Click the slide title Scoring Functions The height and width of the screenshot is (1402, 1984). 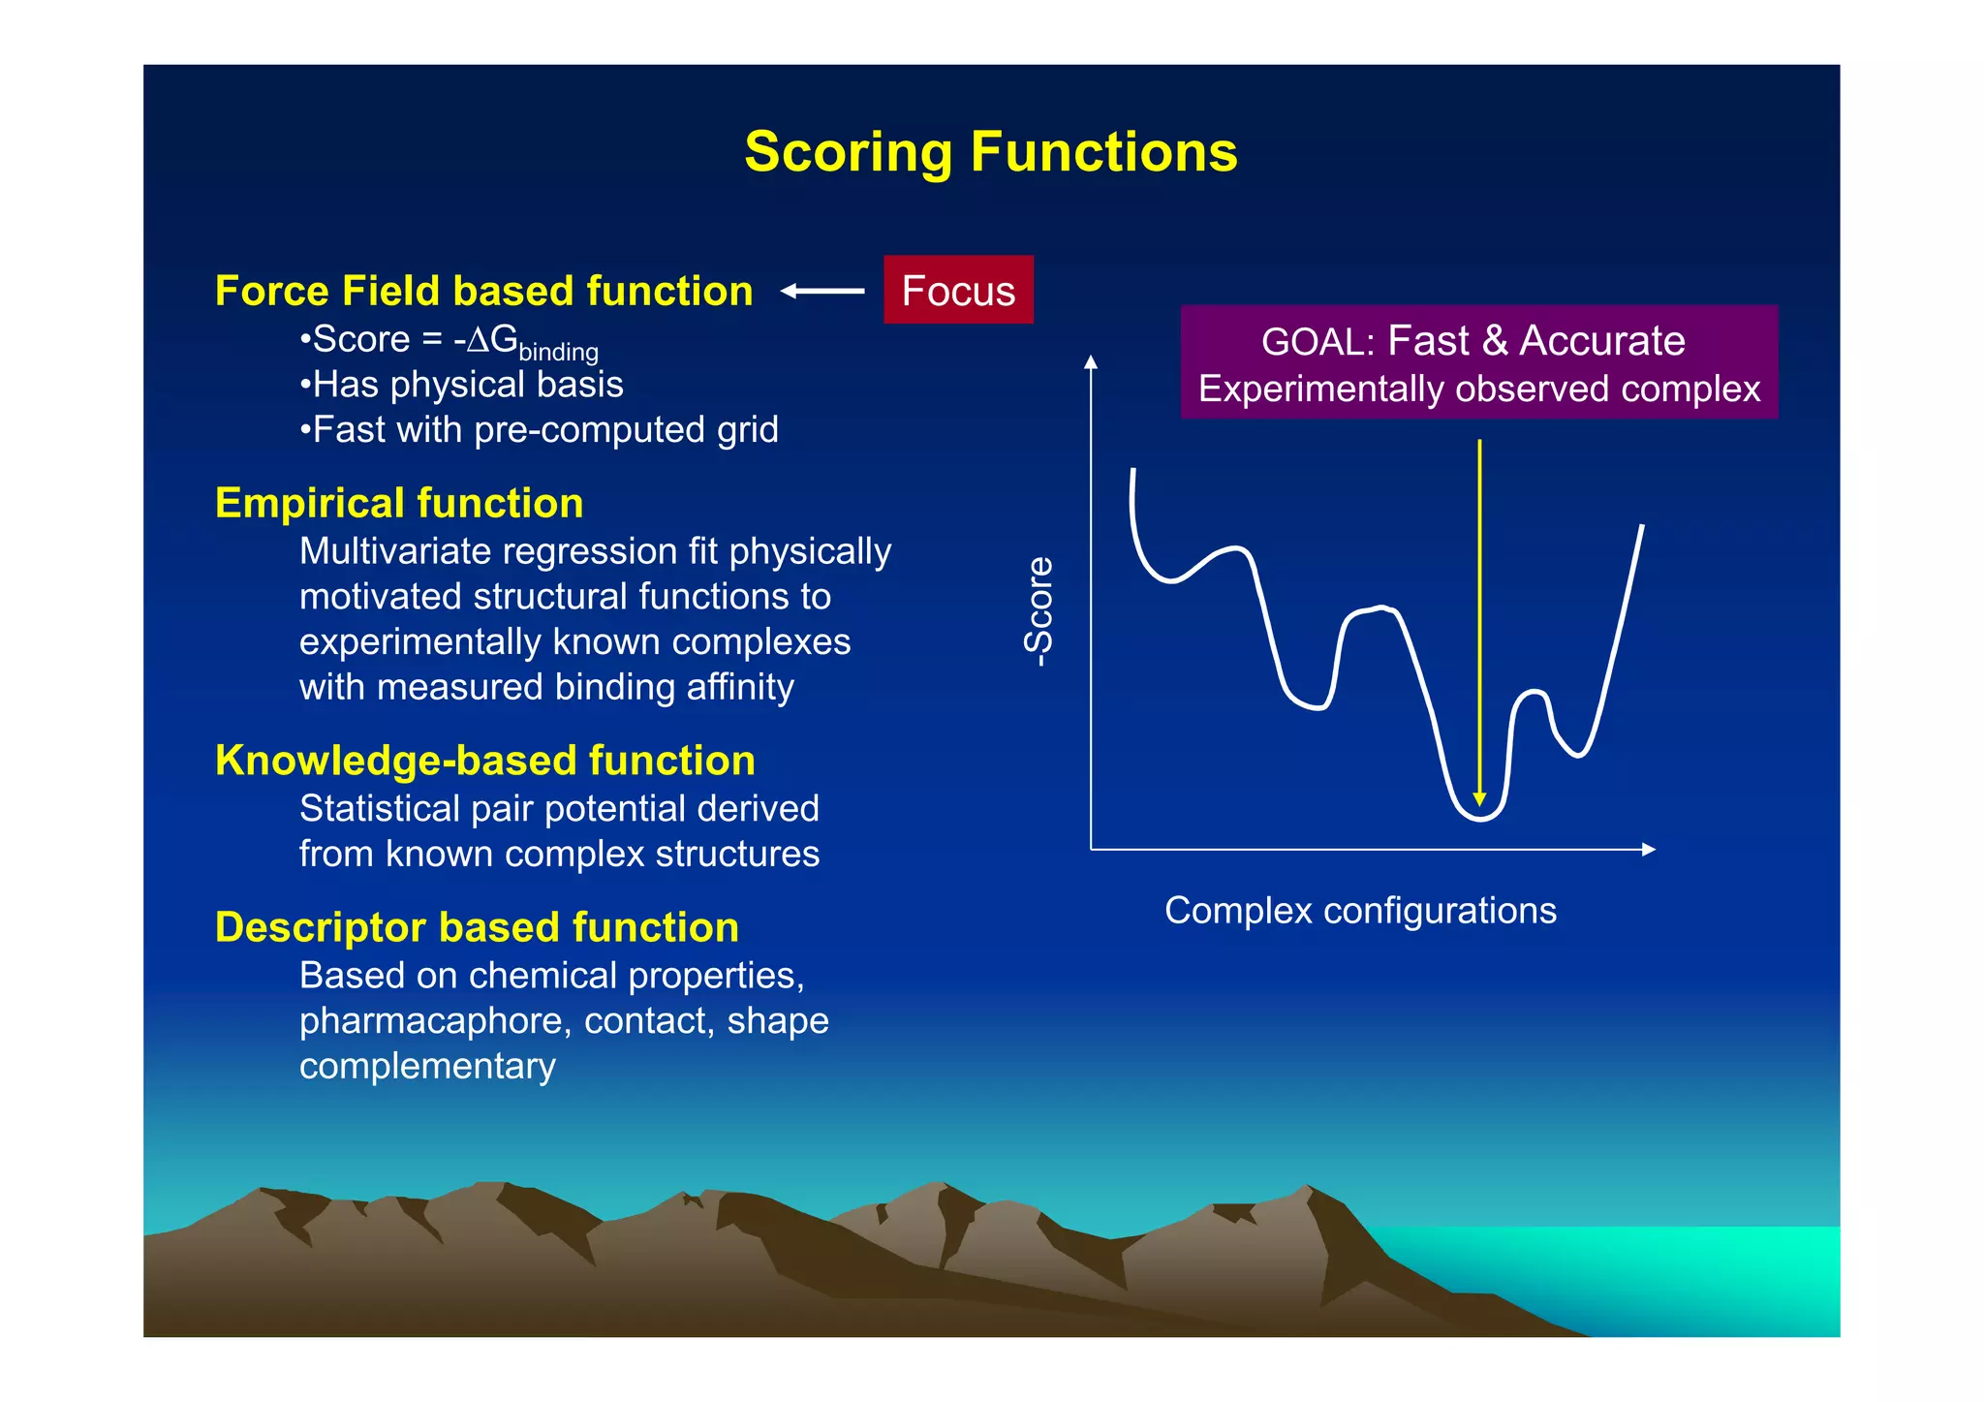[x=990, y=152]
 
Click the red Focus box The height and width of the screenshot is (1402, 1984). [x=958, y=290]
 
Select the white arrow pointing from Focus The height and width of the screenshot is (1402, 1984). [x=821, y=291]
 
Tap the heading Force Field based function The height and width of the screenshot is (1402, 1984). [x=483, y=291]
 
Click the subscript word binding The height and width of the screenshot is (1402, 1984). [x=558, y=352]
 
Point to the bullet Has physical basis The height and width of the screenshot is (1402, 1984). [x=462, y=385]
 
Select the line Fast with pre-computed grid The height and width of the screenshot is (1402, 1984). [x=540, y=429]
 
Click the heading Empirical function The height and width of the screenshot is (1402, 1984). [x=399, y=503]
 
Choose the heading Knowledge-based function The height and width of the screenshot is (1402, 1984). [x=484, y=761]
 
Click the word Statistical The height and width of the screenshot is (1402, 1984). [x=380, y=808]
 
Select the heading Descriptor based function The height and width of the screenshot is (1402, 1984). [x=477, y=927]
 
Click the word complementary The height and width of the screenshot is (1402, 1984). [x=427, y=1066]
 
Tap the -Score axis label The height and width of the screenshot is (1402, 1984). [x=1038, y=611]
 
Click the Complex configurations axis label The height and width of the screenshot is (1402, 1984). [x=1360, y=911]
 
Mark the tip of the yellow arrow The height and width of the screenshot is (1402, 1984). [x=1479, y=802]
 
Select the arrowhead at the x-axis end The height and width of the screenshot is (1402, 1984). [x=1649, y=850]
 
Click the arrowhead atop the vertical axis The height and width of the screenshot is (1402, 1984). [x=1091, y=362]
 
